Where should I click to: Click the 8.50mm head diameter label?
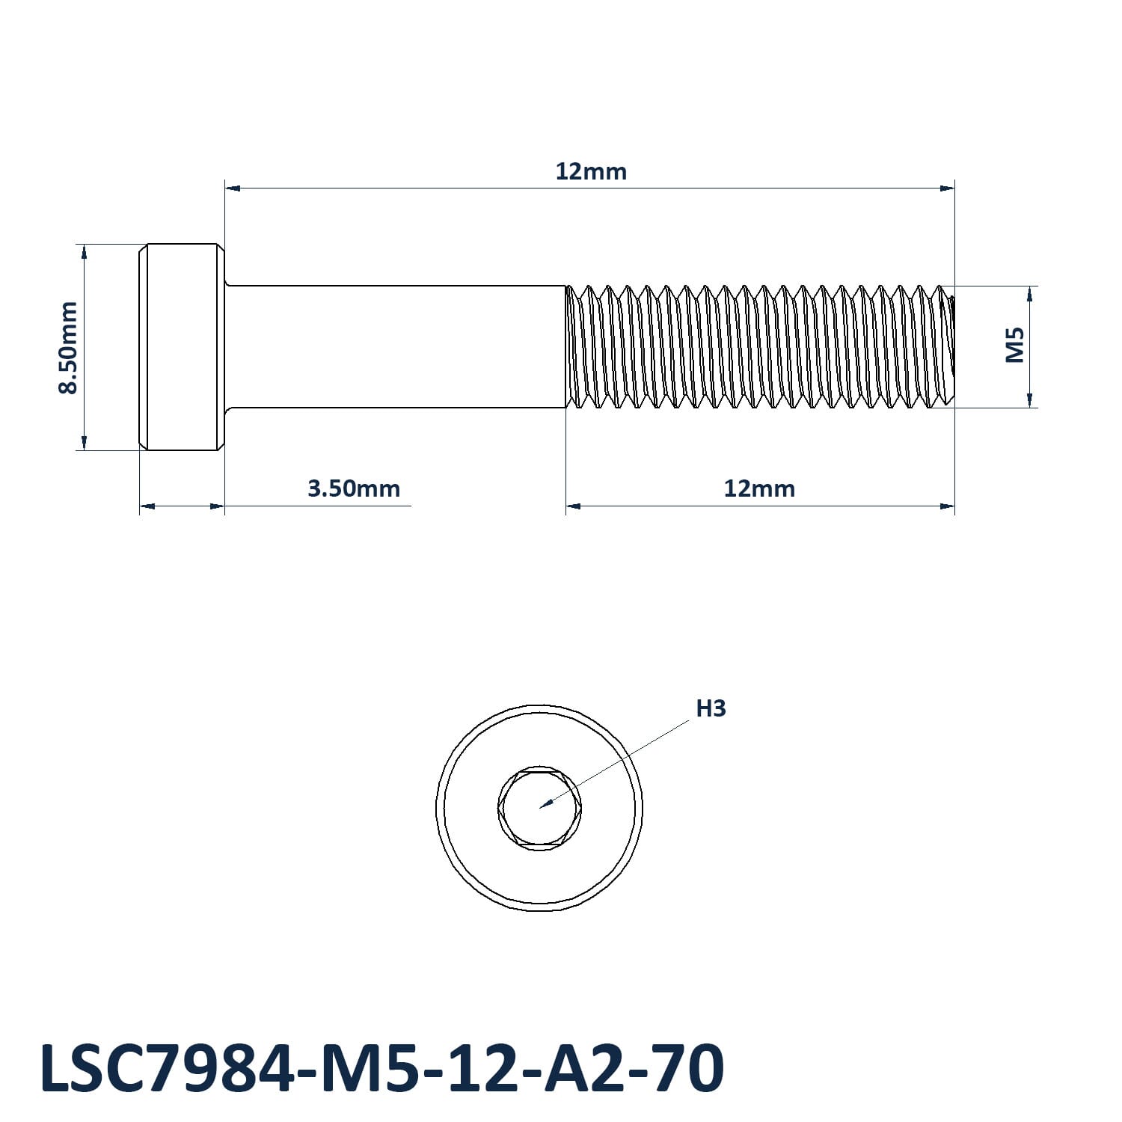click(68, 347)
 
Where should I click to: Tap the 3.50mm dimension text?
click(354, 489)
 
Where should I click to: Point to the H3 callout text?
click(711, 708)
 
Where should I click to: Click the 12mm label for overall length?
click(591, 172)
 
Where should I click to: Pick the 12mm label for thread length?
click(759, 489)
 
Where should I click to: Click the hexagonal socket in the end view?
click(539, 808)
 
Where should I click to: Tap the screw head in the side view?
click(182, 347)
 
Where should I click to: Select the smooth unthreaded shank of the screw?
click(396, 347)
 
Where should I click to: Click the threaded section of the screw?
click(759, 347)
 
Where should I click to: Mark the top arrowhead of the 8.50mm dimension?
click(84, 251)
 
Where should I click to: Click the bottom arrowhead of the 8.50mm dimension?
click(84, 442)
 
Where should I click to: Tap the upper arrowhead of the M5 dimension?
click(1030, 293)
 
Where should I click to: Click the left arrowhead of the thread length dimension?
click(574, 506)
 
